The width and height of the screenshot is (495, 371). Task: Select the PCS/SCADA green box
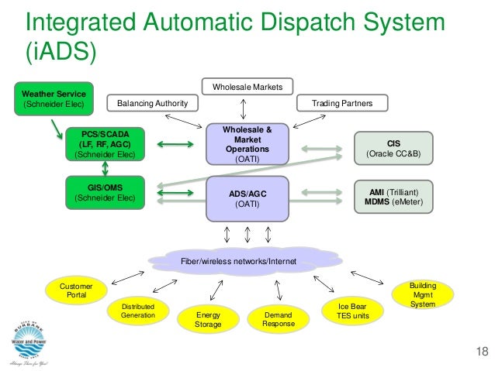tap(105, 144)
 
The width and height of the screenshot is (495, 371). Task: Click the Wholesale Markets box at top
tap(247, 86)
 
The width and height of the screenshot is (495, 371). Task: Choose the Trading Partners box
tap(341, 103)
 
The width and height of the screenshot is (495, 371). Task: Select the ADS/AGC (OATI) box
tap(247, 198)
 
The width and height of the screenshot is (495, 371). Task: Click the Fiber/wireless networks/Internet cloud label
tap(239, 261)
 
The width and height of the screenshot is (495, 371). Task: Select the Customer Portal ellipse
tap(76, 291)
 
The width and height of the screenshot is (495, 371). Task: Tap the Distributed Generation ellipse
tap(137, 311)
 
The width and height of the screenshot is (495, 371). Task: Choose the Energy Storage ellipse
tap(208, 320)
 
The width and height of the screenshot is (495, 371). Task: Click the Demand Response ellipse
tap(277, 320)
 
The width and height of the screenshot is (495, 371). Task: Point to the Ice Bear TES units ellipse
tap(353, 311)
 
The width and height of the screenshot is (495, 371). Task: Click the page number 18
tap(481, 354)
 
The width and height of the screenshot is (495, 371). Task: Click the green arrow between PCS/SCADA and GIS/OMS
tap(104, 169)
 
